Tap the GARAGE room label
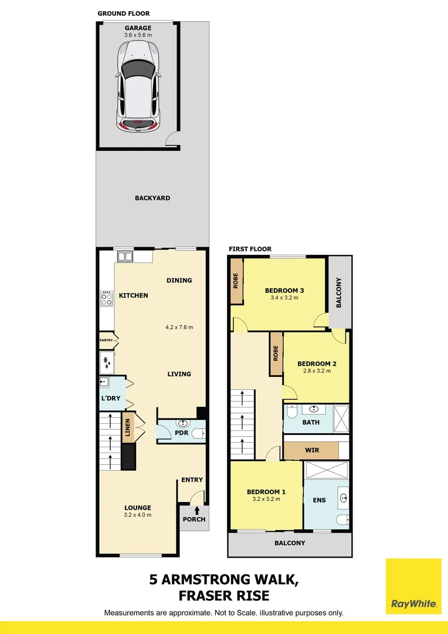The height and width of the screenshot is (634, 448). click(x=138, y=28)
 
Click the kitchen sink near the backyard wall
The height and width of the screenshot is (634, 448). click(x=125, y=256)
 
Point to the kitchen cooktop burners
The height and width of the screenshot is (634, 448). click(x=107, y=299)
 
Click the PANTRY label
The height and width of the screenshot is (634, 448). click(x=106, y=340)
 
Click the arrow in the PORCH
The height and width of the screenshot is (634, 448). click(x=197, y=510)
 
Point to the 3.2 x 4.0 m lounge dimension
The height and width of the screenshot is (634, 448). click(x=138, y=515)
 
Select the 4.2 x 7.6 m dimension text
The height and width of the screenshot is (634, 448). click(x=179, y=327)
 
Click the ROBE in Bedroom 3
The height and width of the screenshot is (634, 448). click(x=236, y=281)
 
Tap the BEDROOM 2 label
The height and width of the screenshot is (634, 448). click(x=317, y=364)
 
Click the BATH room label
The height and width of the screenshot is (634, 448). click(x=310, y=422)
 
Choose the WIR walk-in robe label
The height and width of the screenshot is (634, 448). click(x=311, y=450)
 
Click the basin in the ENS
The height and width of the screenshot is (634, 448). click(x=342, y=499)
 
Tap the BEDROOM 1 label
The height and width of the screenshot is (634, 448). click(x=266, y=492)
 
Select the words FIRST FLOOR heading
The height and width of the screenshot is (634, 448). click(x=250, y=249)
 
